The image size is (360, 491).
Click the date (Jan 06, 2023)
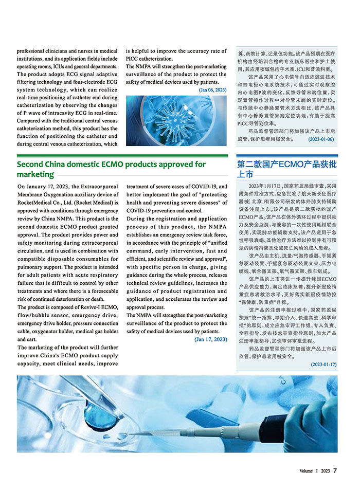pyautogui.click(x=212, y=90)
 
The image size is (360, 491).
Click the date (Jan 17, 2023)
pyautogui.click(x=210, y=339)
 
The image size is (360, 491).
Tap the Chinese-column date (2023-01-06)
pyautogui.click(x=321, y=139)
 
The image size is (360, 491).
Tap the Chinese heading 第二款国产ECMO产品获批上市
pyautogui.click(x=286, y=169)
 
